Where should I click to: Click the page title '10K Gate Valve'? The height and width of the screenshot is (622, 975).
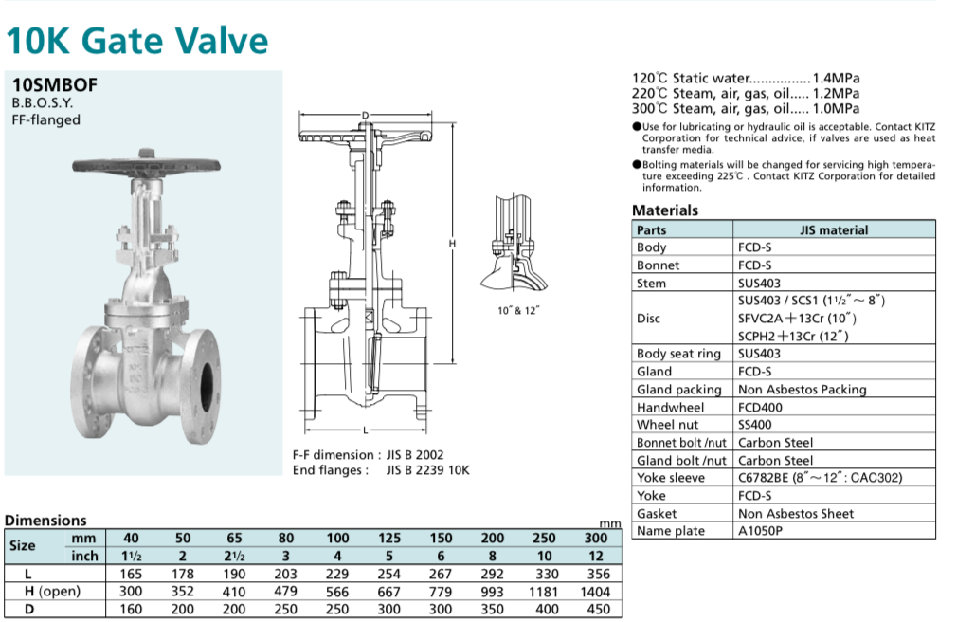pos(137,41)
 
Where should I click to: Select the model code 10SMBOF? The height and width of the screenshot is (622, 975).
pos(55,84)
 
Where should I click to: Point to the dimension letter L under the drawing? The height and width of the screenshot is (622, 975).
pos(363,430)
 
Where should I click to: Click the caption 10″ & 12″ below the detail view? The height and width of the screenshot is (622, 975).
pos(518,310)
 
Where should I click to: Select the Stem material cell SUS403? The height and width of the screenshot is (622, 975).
pos(755,283)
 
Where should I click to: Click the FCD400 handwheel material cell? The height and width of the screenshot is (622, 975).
pos(761,407)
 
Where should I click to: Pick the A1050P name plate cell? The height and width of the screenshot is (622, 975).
pos(760,531)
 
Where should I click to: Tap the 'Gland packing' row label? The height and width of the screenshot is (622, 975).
pos(678,389)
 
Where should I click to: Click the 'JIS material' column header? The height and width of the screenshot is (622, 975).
pos(834,229)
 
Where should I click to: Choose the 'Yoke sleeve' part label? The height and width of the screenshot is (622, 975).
pos(671,478)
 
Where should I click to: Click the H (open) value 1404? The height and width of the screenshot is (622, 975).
pos(596,592)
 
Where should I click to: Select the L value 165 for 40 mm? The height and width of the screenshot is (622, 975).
pos(132,574)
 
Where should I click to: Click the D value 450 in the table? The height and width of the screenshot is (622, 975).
pos(597,610)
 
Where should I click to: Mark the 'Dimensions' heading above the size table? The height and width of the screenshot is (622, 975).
pos(45,520)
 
